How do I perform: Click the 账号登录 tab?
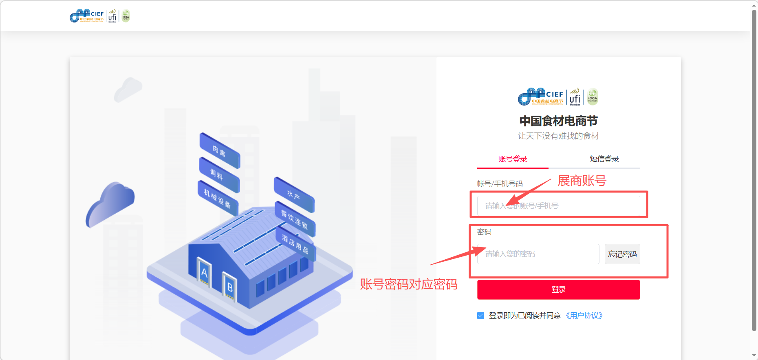[513, 159]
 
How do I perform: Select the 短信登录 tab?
[604, 159]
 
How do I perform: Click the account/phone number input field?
[558, 206]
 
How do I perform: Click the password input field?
[538, 254]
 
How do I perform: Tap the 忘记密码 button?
[622, 254]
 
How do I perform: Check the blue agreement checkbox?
[481, 316]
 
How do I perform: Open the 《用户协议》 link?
[584, 316]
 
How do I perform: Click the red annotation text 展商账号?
[582, 181]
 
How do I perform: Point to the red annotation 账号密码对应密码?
[408, 284]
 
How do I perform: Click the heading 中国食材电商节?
[558, 121]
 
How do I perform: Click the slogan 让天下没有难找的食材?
[558, 136]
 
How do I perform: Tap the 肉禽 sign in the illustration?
[219, 151]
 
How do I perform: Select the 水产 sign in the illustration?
[294, 195]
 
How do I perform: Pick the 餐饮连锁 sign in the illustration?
[295, 219]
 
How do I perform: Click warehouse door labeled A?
[204, 272]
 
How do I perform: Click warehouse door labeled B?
[229, 287]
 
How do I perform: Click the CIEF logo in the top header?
[87, 16]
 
